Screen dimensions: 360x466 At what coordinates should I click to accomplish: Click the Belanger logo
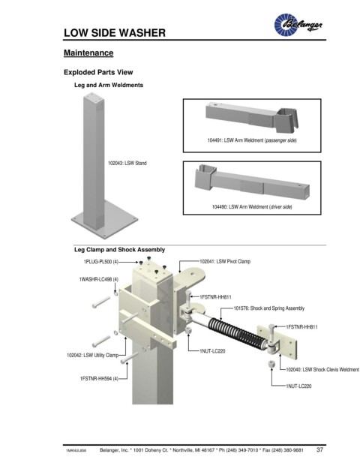298,24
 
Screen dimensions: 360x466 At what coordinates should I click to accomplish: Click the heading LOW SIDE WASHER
115,33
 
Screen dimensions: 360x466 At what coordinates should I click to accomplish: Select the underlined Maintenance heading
88,53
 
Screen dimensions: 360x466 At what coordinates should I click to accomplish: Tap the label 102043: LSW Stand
127,163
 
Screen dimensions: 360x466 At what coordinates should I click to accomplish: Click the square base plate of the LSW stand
104,220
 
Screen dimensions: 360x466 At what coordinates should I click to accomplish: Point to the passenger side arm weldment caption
252,140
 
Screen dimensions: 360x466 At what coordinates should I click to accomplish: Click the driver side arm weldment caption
252,207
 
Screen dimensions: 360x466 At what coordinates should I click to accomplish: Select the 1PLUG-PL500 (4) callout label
101,262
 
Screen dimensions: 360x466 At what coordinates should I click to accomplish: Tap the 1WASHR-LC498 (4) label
98,279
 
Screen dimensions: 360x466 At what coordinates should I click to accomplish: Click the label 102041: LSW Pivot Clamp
225,262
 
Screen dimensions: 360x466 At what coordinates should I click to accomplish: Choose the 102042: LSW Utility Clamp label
92,355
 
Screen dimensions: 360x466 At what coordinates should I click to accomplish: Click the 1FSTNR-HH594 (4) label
99,379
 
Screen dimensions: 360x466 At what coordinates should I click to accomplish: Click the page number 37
319,449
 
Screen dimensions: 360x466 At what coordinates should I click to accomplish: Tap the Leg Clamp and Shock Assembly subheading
119,250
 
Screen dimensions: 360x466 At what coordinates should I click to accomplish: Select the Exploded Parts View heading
98,72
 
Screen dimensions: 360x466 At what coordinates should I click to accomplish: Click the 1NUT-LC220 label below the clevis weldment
298,386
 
